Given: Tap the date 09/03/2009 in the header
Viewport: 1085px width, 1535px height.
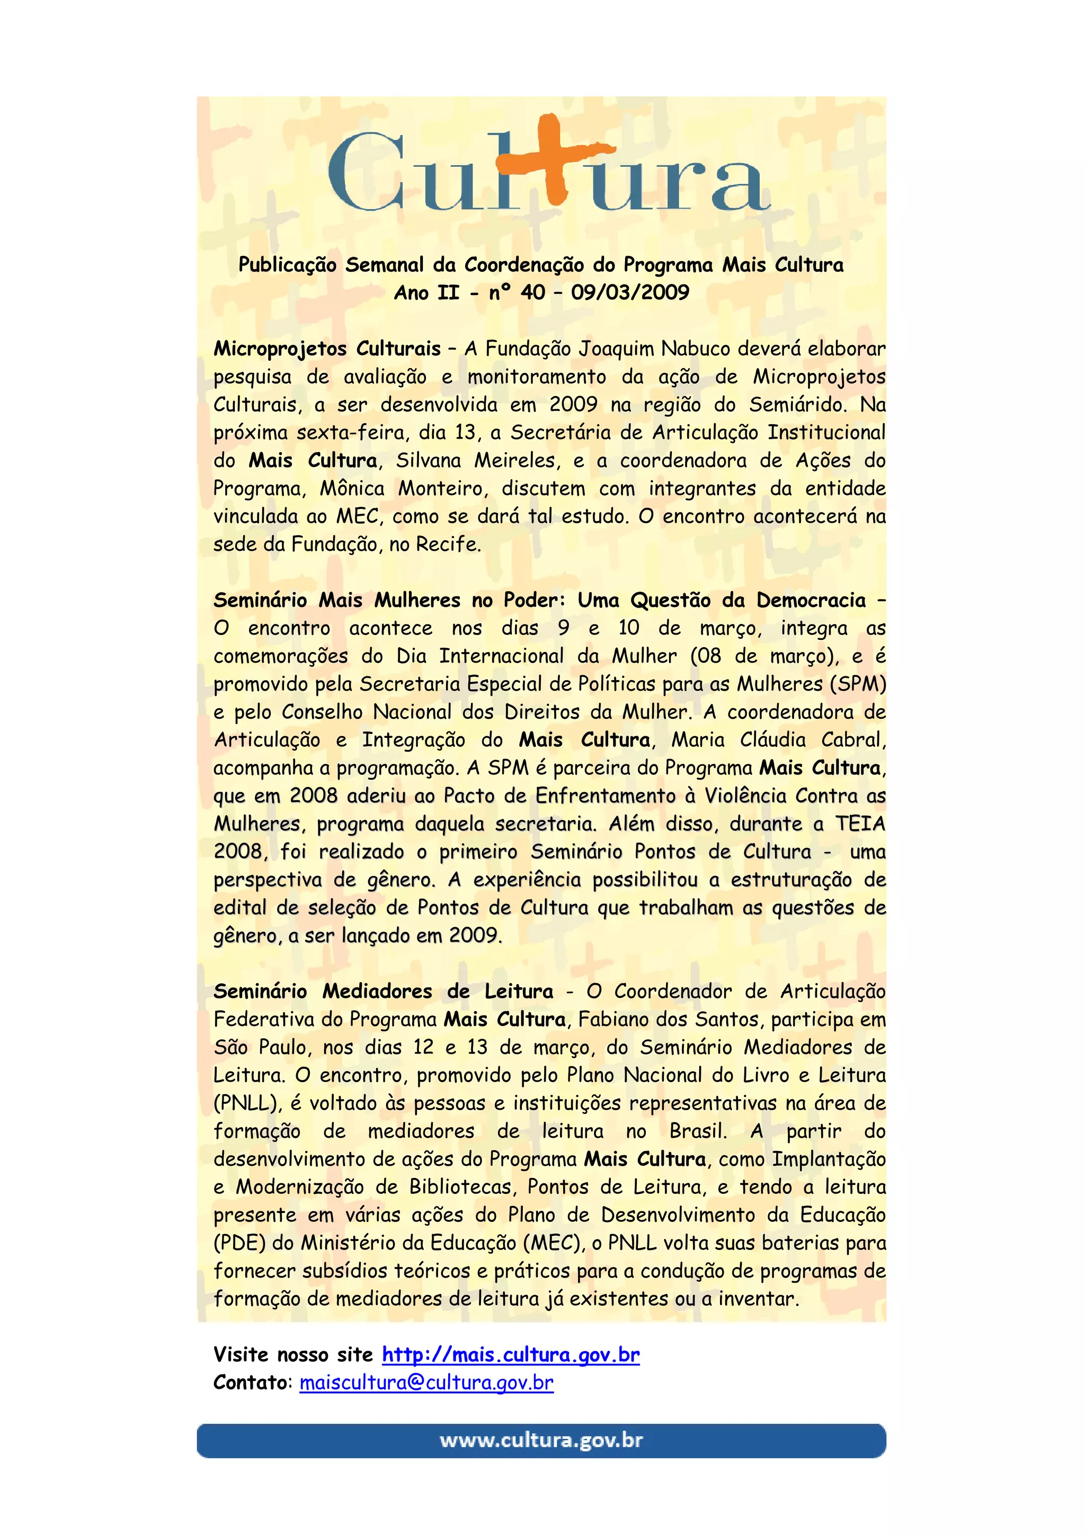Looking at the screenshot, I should pos(630,292).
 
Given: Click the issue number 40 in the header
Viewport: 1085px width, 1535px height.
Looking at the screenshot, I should pos(533,292).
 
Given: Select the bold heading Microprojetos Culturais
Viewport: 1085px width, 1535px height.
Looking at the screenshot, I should pos(327,349).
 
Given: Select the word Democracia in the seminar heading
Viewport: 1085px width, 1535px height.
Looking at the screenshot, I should pos(811,600).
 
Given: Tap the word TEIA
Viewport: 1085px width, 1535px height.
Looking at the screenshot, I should pos(860,823).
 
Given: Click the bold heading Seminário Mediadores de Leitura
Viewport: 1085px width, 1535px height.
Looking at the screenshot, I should pos(383,991).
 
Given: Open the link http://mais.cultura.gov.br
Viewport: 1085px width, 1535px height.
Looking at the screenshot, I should pos(511,1354).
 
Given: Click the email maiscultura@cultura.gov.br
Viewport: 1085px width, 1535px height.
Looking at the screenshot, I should pos(426,1382).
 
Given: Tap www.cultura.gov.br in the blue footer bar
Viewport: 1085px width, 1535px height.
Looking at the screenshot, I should pos(541,1440).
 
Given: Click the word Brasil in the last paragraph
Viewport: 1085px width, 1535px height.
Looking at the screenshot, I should pos(697,1130).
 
